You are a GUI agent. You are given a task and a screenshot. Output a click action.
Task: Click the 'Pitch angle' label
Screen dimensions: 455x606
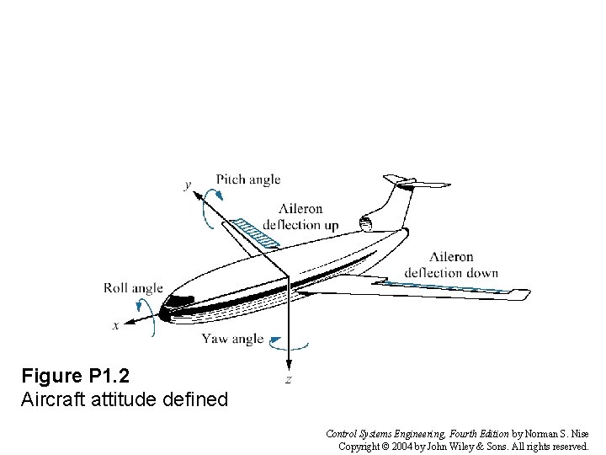click(247, 179)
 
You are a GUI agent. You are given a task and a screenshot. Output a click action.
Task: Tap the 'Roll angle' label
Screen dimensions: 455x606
click(133, 288)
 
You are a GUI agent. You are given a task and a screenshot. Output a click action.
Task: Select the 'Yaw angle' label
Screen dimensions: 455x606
click(232, 339)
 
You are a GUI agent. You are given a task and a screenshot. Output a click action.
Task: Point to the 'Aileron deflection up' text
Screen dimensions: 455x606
click(300, 217)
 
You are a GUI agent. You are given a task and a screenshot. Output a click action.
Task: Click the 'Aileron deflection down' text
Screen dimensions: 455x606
click(451, 265)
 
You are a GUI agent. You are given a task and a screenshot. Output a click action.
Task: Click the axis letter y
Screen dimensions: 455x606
click(188, 185)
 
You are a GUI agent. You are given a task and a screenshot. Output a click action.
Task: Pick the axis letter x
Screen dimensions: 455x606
click(115, 325)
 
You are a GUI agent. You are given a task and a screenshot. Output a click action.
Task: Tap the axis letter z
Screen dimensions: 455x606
click(288, 380)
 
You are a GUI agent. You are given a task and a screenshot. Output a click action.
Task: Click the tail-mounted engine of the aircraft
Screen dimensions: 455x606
click(367, 224)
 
